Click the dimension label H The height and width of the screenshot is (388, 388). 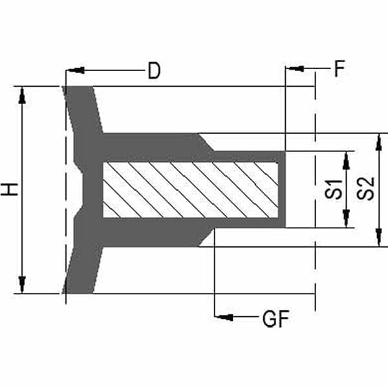tap(9, 189)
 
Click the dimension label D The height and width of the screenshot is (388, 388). tap(154, 70)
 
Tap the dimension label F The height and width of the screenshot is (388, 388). tap(339, 69)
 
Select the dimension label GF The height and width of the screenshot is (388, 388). tap(275, 319)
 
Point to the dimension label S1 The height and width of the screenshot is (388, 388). tap(333, 189)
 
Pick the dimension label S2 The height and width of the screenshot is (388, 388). tap(365, 189)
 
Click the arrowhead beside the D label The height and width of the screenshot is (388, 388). tap(76, 70)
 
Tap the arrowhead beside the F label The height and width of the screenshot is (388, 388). tap(296, 68)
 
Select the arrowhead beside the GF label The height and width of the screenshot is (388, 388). tap(224, 317)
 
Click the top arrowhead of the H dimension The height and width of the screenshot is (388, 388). tap(22, 96)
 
